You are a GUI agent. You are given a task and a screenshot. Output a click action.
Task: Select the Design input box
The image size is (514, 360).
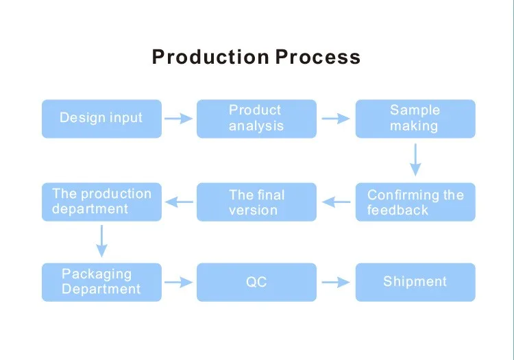coord(101,118)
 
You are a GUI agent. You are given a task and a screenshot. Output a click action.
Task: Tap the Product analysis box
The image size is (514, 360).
coord(256,118)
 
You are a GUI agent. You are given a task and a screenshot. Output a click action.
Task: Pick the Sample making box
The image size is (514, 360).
coord(415,118)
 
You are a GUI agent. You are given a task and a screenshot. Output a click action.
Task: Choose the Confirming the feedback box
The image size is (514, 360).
coord(415,202)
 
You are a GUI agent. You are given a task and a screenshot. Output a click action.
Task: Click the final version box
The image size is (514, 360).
coord(256,202)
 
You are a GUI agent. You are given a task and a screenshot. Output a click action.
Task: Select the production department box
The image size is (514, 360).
coord(101,202)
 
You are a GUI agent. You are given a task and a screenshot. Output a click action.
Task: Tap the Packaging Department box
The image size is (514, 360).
coord(101,282)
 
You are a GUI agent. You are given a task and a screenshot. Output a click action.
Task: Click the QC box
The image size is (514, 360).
coord(256,282)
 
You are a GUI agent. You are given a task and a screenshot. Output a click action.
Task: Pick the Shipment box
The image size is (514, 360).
coord(415,282)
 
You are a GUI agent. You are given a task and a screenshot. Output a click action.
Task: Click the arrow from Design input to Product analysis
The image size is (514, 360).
coord(179,119)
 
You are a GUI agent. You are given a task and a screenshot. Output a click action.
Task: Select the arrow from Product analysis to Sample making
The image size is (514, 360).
coord(335,119)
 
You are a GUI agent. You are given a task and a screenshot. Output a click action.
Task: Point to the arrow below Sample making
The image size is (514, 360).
coord(415,160)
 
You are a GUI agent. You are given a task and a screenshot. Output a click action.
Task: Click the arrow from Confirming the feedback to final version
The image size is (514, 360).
coord(336,202)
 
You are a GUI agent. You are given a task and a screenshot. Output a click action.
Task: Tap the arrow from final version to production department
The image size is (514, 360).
coord(180,202)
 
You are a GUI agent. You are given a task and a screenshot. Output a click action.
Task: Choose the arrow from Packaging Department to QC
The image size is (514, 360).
coord(179,282)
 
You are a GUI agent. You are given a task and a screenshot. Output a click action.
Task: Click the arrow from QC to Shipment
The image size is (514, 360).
coord(335,282)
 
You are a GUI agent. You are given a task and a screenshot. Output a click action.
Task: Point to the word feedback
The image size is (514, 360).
coord(397,210)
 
